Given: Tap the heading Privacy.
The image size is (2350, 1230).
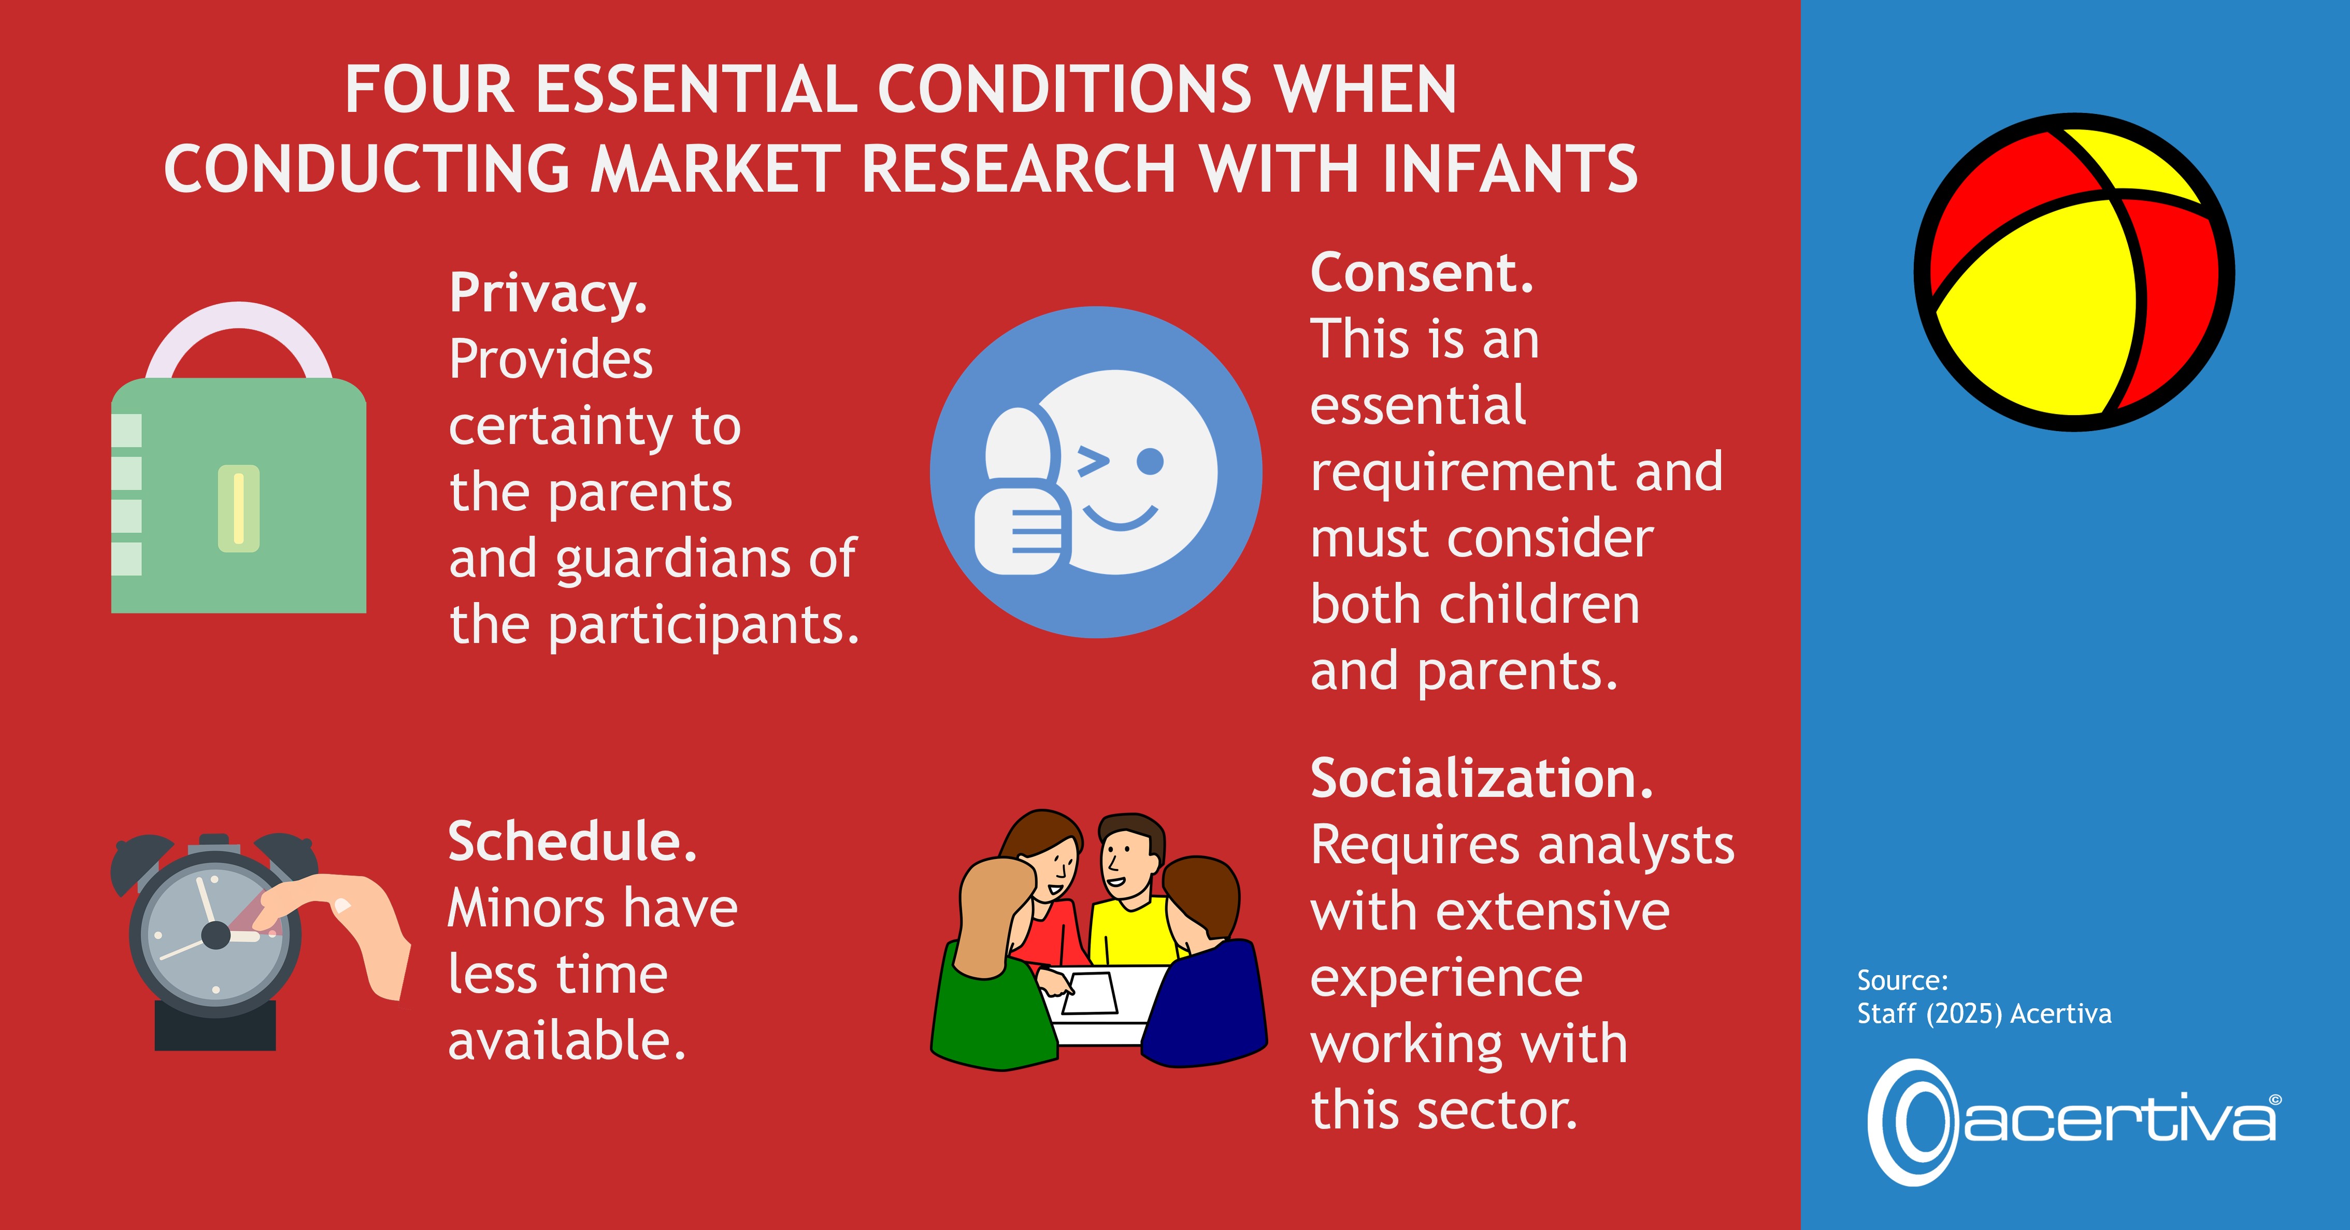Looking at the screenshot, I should [x=548, y=294].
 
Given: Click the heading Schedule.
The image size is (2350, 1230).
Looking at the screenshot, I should [x=572, y=841].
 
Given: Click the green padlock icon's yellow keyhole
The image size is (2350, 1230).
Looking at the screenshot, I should [x=239, y=508].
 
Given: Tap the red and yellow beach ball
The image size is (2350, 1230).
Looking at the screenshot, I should [x=2073, y=272].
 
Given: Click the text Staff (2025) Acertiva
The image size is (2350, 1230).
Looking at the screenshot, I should [x=1984, y=1014].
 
